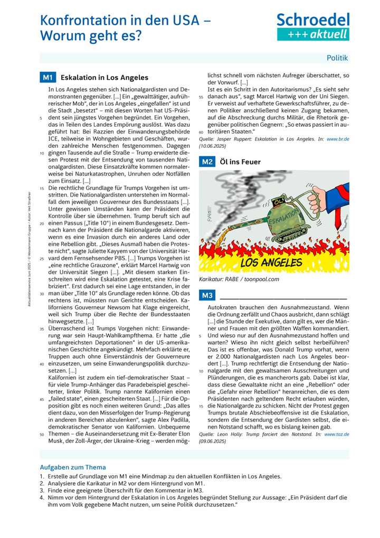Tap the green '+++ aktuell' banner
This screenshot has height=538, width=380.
tap(313, 34)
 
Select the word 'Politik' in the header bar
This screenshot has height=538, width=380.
tap(337, 58)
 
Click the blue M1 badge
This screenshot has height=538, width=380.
tap(47, 78)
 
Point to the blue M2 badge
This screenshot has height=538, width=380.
tap(206, 162)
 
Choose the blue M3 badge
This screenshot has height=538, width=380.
tap(206, 295)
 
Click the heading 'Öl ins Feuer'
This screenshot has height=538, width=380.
tap(240, 162)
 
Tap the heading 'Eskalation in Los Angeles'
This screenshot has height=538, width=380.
tap(104, 78)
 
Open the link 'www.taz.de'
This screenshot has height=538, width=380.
tap(335, 434)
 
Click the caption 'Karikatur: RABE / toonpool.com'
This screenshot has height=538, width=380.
tap(239, 279)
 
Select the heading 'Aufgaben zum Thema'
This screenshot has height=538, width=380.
tap(73, 467)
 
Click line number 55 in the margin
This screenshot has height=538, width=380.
tap(201, 97)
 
